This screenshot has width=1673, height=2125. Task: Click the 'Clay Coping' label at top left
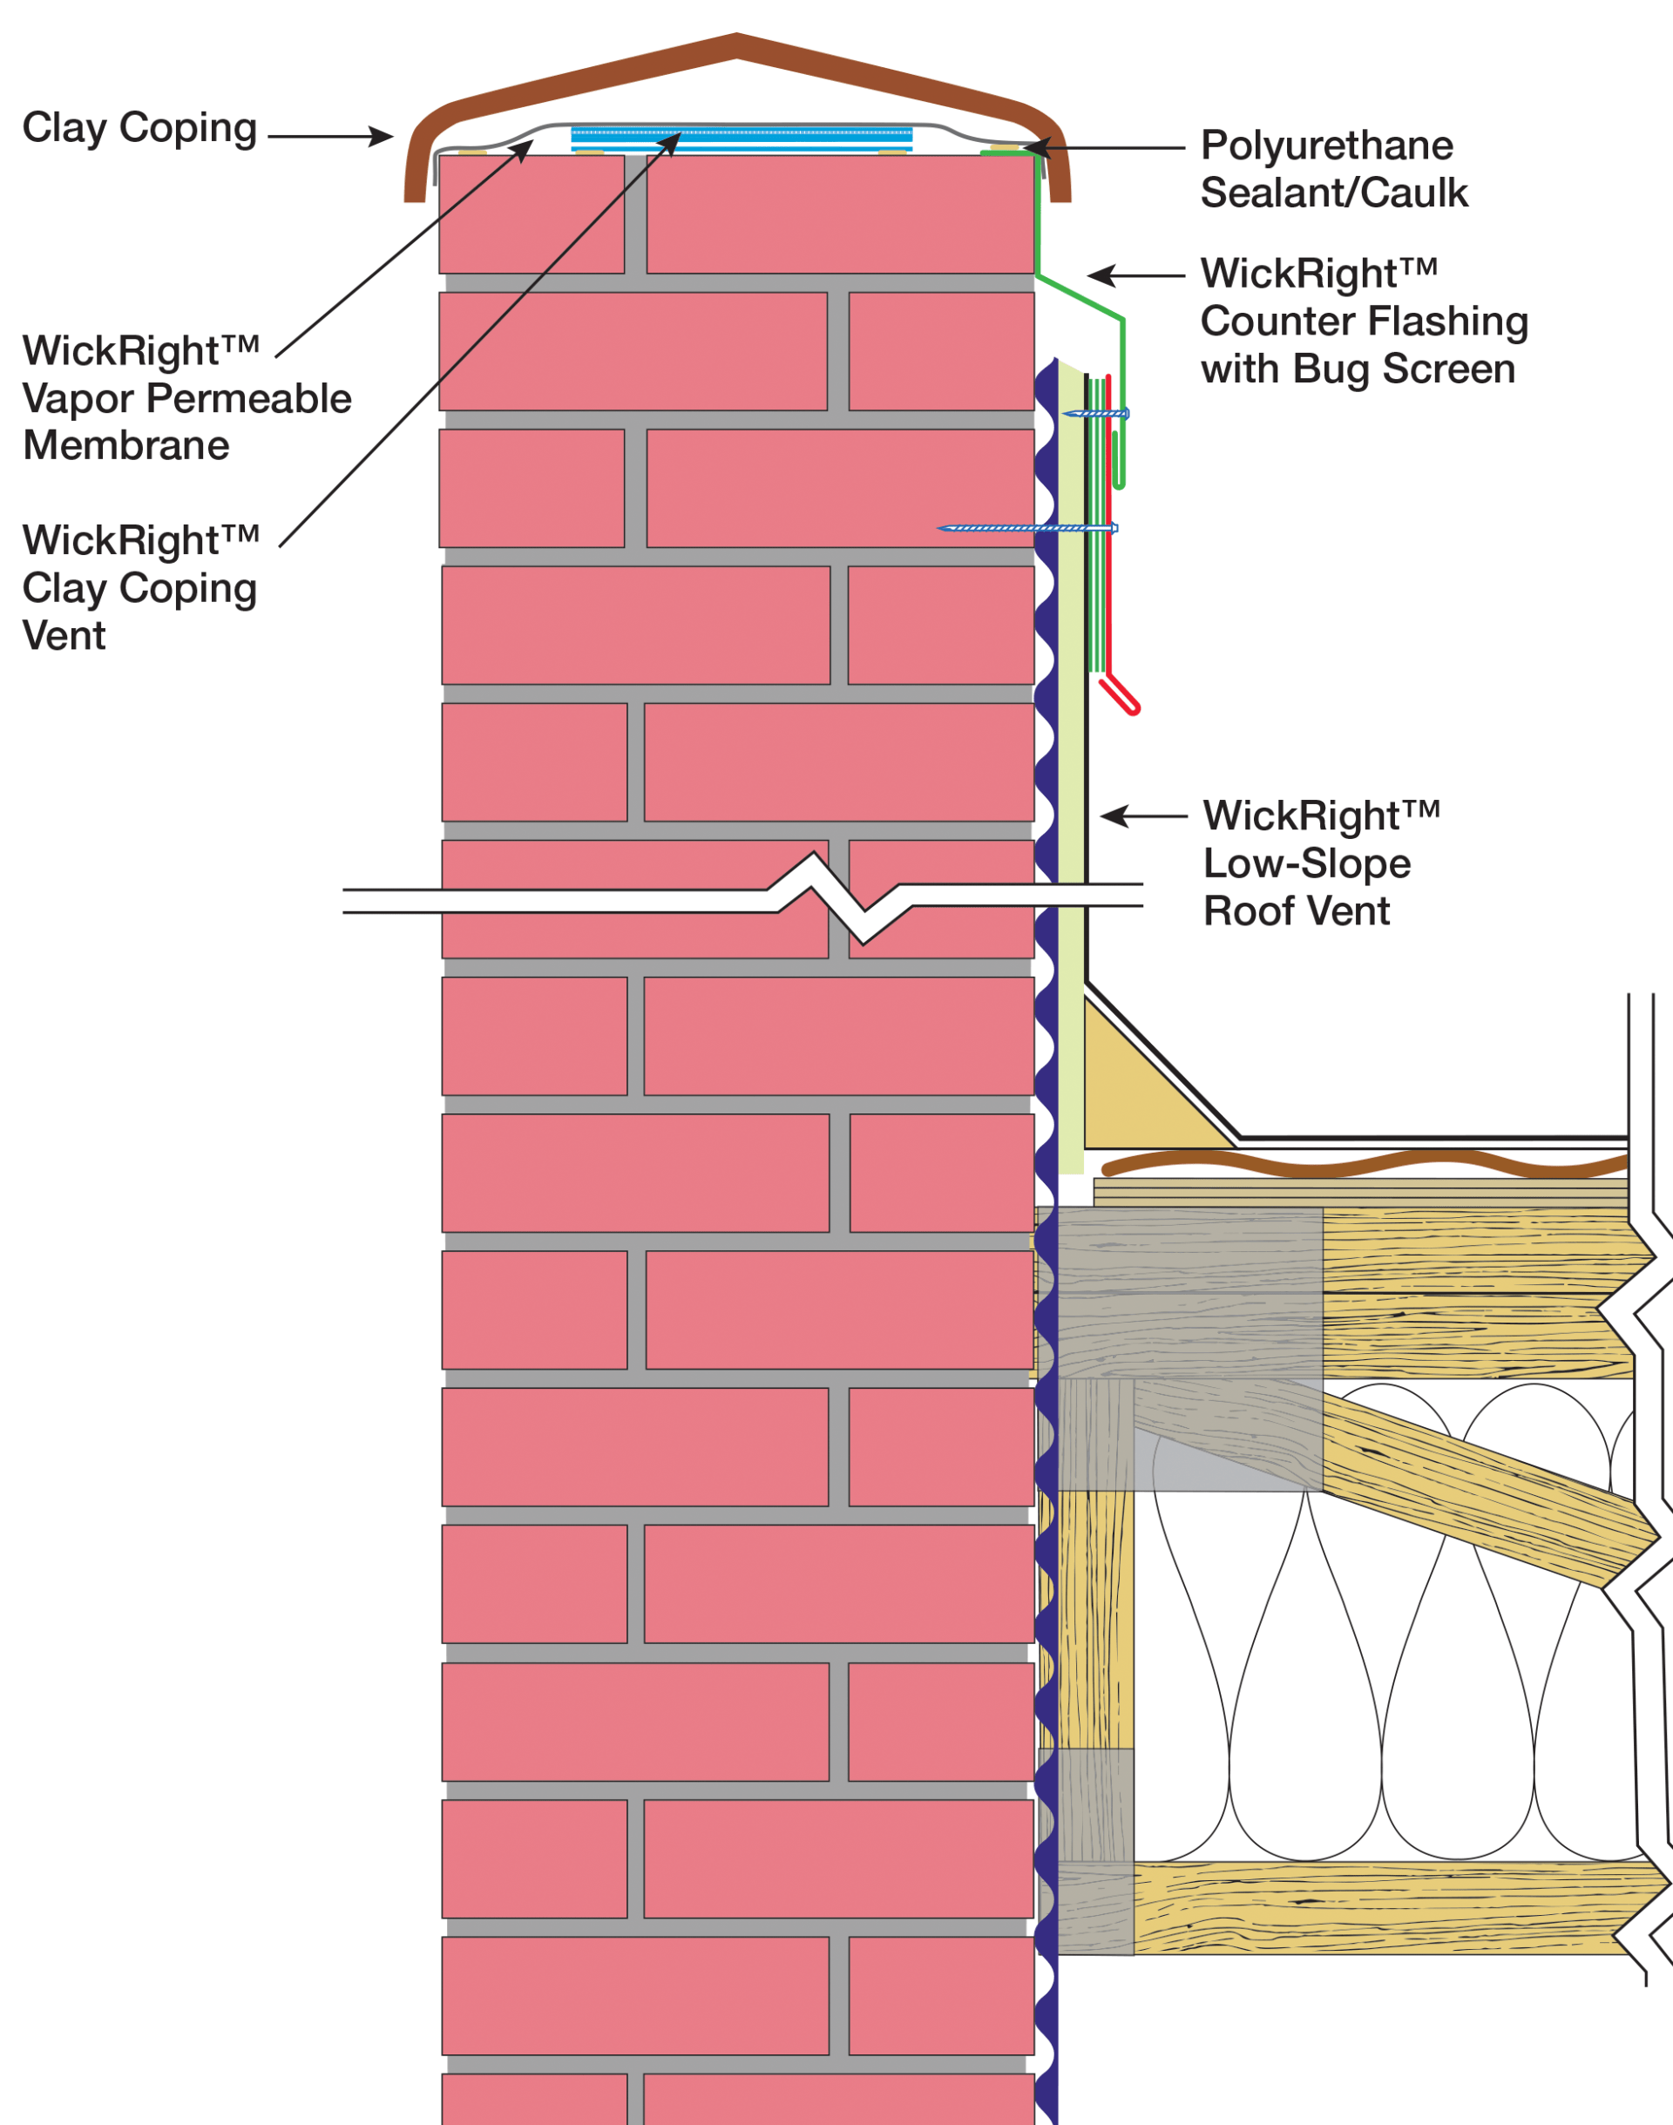pos(139,128)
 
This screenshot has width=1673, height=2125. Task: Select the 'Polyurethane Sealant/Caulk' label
pos(1333,169)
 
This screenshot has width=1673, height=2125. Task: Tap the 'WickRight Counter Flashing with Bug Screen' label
pos(1364,321)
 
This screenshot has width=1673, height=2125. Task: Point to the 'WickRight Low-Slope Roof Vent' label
pos(1320,863)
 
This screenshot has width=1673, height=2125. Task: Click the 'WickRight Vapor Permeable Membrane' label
pos(186,398)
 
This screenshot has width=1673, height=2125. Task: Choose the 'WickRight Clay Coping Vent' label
pos(140,587)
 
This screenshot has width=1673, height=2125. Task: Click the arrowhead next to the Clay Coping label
pos(381,136)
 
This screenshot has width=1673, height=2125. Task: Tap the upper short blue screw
pos(1097,414)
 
